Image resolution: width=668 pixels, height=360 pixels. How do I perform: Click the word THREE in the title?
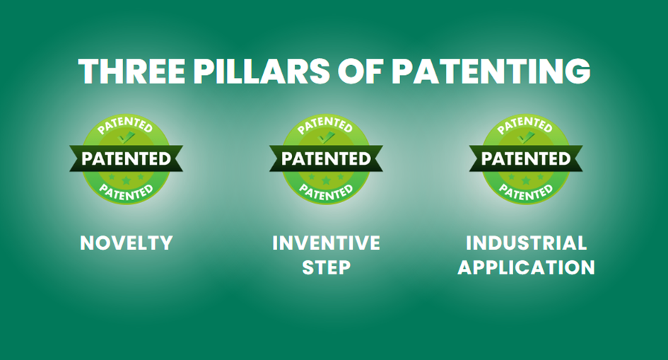pyautogui.click(x=131, y=71)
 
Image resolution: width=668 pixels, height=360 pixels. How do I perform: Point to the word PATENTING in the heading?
pyautogui.click(x=491, y=71)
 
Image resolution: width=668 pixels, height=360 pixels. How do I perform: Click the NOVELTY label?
pyautogui.click(x=127, y=243)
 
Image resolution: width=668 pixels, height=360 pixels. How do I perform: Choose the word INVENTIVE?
pyautogui.click(x=327, y=243)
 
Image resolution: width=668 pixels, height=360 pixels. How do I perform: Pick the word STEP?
pyautogui.click(x=327, y=267)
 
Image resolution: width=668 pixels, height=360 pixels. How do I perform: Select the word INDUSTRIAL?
pyautogui.click(x=526, y=243)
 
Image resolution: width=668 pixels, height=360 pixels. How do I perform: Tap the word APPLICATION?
pyautogui.click(x=526, y=267)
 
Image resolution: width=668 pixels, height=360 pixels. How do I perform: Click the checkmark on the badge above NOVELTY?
pyautogui.click(x=126, y=137)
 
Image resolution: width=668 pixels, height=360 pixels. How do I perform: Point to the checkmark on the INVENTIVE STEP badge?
pyautogui.click(x=327, y=137)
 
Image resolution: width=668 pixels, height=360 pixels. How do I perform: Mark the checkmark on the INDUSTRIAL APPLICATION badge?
pyautogui.click(x=526, y=137)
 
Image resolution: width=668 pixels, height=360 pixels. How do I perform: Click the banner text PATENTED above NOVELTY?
pyautogui.click(x=126, y=159)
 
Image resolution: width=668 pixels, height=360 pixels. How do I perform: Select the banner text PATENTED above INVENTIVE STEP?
pyautogui.click(x=326, y=159)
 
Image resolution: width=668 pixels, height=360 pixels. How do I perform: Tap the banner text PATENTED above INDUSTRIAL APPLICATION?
pyautogui.click(x=526, y=159)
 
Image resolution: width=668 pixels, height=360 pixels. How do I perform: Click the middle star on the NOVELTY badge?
pyautogui.click(x=126, y=180)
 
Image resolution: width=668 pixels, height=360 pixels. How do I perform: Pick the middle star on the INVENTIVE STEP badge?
pyautogui.click(x=327, y=180)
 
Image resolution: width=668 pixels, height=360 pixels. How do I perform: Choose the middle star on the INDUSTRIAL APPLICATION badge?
pyautogui.click(x=526, y=180)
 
